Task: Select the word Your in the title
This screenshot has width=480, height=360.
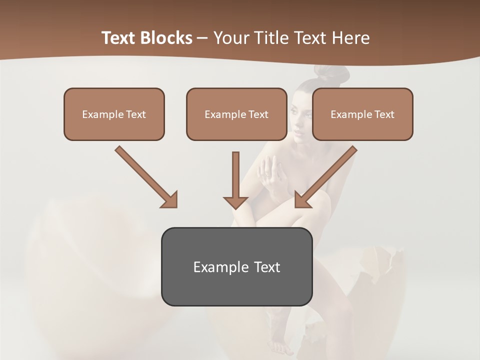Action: [231, 38]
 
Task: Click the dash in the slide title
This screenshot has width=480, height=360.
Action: [202, 38]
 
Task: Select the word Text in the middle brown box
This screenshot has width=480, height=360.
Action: [258, 114]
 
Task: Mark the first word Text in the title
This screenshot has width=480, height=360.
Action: [119, 38]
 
